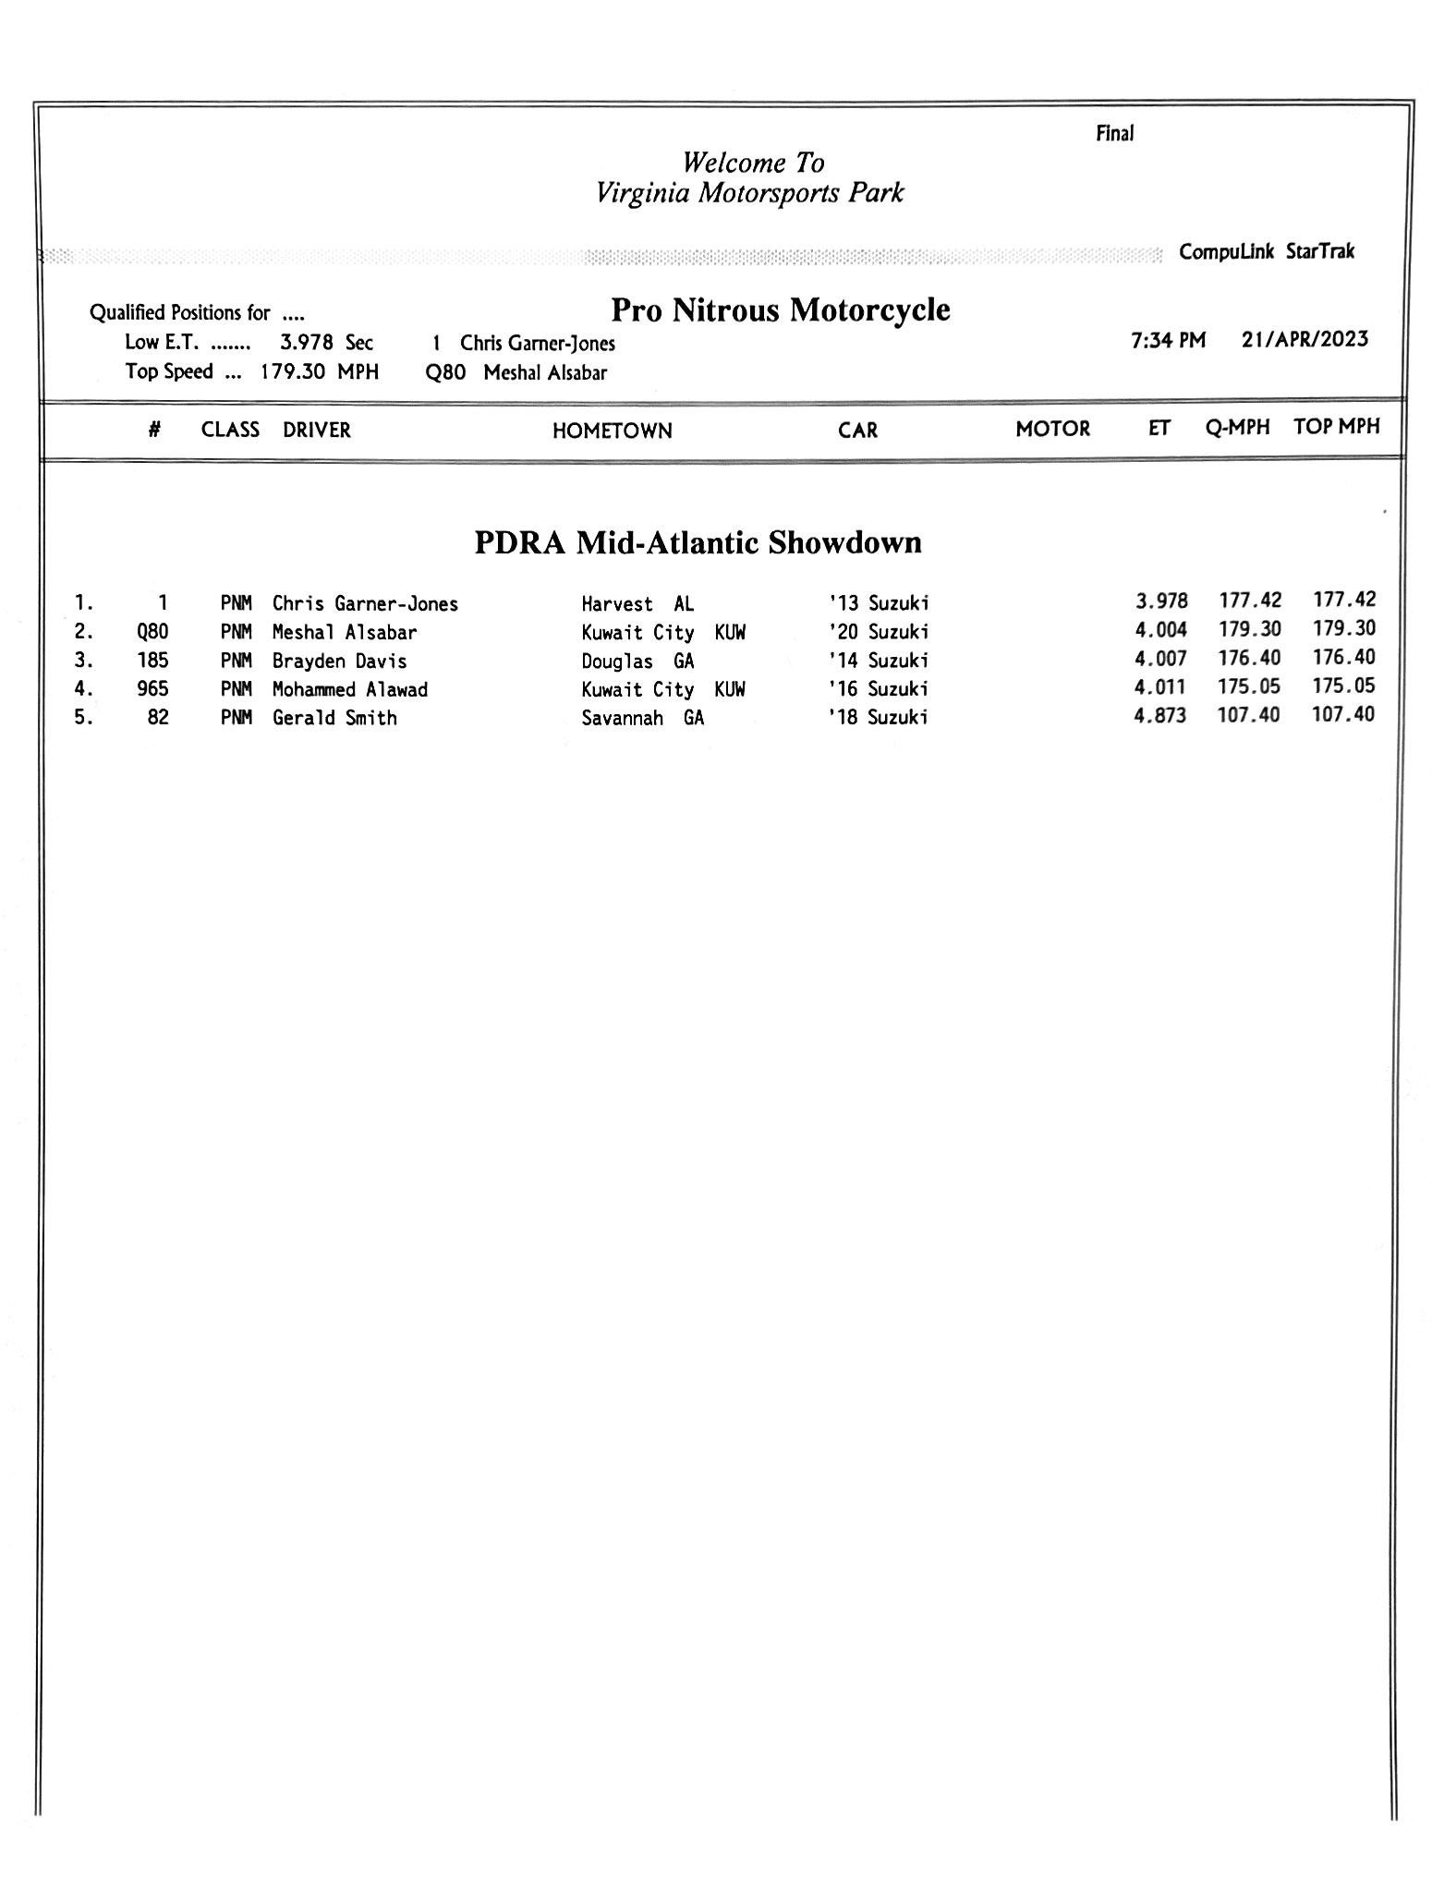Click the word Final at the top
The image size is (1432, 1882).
tap(1114, 134)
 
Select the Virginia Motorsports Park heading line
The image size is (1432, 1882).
tap(749, 193)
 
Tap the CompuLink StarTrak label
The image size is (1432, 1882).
tap(1266, 251)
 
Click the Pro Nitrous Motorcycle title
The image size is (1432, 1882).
tap(781, 310)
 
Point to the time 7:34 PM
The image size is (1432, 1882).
tap(1168, 340)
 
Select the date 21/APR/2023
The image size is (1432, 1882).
tap(1305, 339)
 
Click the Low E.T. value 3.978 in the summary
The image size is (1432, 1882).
tap(306, 343)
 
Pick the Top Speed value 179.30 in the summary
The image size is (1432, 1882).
tap(291, 371)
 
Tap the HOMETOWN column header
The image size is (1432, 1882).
tap(612, 431)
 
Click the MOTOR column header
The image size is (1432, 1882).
tap(1052, 429)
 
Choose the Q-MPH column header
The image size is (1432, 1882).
tap(1237, 427)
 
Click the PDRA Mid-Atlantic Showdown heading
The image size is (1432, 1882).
tap(698, 542)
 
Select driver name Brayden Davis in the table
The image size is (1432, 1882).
tap(339, 661)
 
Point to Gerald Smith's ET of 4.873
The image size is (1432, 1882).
tap(1159, 715)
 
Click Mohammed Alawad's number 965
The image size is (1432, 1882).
tap(152, 688)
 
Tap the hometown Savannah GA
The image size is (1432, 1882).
tap(642, 718)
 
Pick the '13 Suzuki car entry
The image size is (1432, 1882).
tap(878, 603)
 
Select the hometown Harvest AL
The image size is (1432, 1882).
tap(637, 604)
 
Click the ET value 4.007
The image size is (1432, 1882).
tap(1160, 659)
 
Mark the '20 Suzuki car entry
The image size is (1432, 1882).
tap(878, 632)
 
